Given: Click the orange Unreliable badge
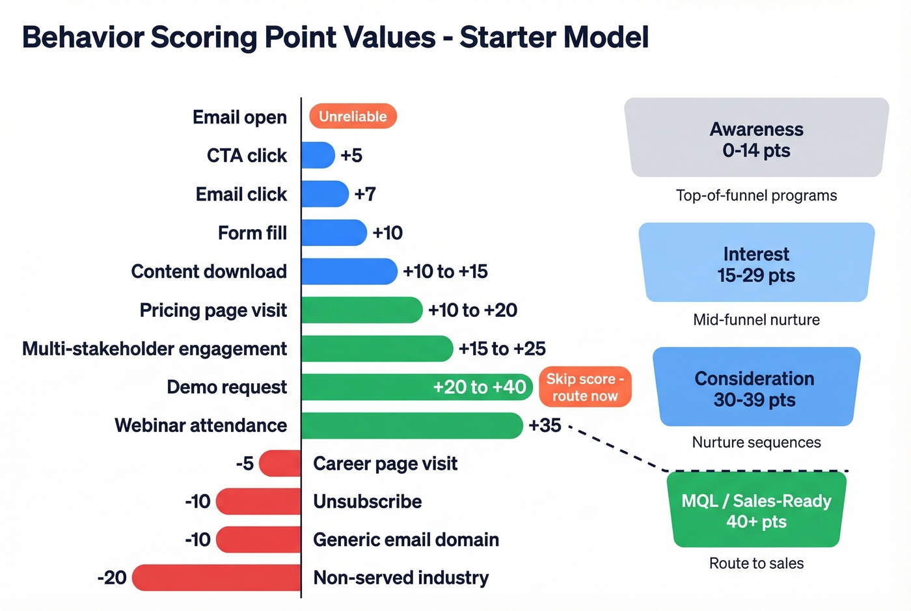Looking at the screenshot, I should pyautogui.click(x=353, y=116).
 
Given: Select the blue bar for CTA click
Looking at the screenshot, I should pyautogui.click(x=318, y=156).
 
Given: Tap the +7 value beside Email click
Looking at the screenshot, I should pyautogui.click(x=365, y=194).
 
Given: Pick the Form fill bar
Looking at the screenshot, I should pyautogui.click(x=334, y=233).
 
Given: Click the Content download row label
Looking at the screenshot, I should pyautogui.click(x=209, y=271).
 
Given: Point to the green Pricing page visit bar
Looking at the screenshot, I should pyautogui.click(x=361, y=310).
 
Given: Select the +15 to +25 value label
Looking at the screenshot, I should pyautogui.click(x=502, y=349).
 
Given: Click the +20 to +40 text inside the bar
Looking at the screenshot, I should pyautogui.click(x=479, y=387).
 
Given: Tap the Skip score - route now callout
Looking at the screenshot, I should pyautogui.click(x=585, y=387).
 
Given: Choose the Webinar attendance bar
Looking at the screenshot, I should pyautogui.click(x=412, y=426).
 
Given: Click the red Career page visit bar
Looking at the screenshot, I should pyautogui.click(x=280, y=464).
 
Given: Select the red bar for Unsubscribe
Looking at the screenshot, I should pyautogui.click(x=258, y=502).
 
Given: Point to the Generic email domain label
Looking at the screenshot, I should pyautogui.click(x=406, y=540).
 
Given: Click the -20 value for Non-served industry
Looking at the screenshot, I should pyautogui.click(x=112, y=578).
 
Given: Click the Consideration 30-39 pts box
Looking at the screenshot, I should pyautogui.click(x=755, y=388).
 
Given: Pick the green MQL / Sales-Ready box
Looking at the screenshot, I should pyautogui.click(x=756, y=511).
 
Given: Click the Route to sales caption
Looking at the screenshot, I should pyautogui.click(x=756, y=563).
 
